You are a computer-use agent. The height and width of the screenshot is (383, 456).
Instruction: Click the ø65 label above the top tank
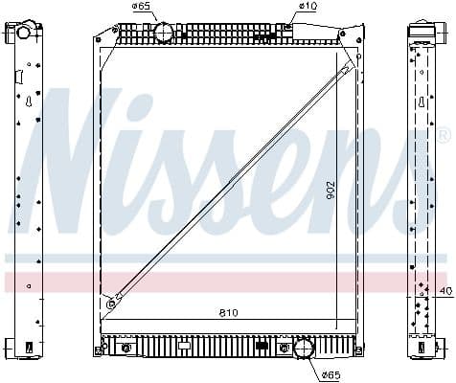[143, 7]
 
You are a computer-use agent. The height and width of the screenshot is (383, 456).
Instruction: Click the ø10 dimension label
[308, 7]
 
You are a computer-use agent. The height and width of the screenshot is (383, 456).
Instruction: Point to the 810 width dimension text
[228, 313]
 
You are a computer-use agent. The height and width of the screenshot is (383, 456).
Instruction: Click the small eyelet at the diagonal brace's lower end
[112, 304]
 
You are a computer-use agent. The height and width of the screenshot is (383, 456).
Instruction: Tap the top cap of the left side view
[23, 32]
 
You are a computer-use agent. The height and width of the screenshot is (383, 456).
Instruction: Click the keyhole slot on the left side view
[30, 100]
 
